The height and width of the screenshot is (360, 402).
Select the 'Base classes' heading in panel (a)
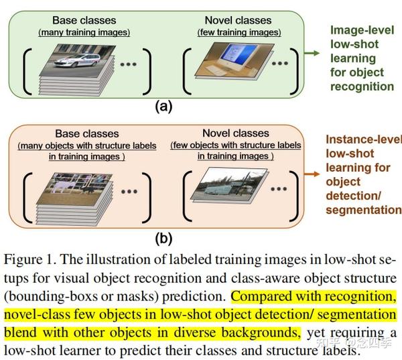(x=84, y=21)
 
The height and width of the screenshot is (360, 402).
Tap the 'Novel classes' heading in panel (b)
(x=235, y=133)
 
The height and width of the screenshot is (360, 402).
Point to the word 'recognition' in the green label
(x=362, y=86)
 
